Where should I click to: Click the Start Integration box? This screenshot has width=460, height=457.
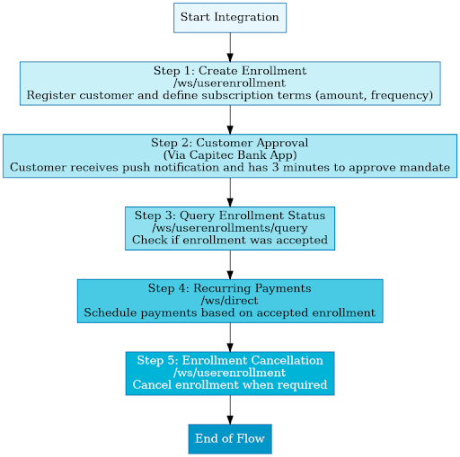[x=229, y=18]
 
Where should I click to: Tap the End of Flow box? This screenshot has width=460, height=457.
[x=229, y=439]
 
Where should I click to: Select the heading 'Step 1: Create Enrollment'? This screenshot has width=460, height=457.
[x=229, y=71]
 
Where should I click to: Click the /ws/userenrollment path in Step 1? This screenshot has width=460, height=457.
[x=229, y=83]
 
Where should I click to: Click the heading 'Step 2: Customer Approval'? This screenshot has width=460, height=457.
[x=229, y=143]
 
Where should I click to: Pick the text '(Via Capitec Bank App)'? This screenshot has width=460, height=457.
[x=229, y=154]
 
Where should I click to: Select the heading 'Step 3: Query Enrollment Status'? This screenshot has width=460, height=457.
[x=229, y=215]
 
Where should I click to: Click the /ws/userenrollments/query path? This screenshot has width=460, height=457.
[x=229, y=227]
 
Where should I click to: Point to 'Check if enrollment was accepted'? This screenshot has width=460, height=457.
[x=229, y=240]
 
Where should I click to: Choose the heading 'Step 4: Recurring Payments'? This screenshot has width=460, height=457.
[x=229, y=288]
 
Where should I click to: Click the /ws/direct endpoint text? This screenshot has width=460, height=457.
[x=229, y=300]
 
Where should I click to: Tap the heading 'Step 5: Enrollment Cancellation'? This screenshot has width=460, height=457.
[x=229, y=360]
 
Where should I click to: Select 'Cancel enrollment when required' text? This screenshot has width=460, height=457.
[x=229, y=384]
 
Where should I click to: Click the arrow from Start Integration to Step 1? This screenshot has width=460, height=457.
[x=230, y=47]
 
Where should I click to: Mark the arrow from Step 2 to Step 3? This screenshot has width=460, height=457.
[x=230, y=191]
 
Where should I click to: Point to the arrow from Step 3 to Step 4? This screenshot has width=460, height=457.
[x=230, y=264]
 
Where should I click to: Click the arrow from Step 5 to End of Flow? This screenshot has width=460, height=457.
[x=230, y=409]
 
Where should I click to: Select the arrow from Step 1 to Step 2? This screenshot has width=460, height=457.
[x=230, y=119]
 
